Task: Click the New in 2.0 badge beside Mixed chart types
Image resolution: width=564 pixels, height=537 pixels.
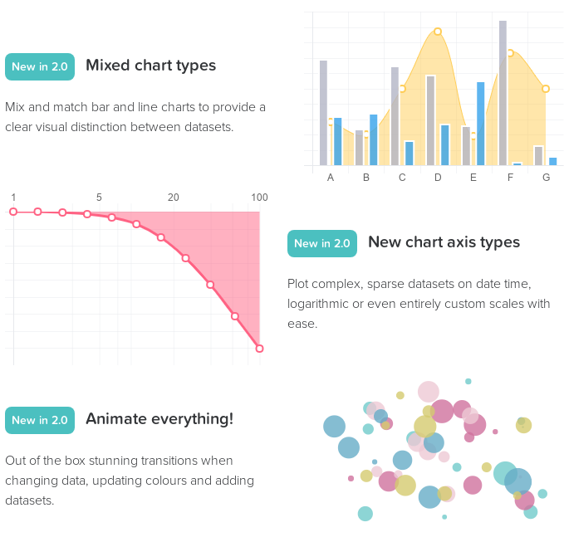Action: tap(40, 66)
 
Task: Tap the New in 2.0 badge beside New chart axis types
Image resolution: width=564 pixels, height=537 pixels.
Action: tap(322, 243)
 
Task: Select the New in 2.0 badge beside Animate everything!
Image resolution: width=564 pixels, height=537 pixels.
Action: tap(40, 420)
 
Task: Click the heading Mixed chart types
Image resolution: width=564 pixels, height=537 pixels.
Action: tap(150, 66)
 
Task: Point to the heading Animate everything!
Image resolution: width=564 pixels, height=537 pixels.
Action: tap(159, 419)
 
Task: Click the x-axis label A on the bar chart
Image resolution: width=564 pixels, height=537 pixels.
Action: tap(331, 178)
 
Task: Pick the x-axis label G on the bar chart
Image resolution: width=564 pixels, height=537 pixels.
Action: tap(546, 178)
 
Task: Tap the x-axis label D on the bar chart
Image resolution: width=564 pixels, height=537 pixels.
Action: tap(438, 178)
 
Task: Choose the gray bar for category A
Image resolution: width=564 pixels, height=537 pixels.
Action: tap(323, 113)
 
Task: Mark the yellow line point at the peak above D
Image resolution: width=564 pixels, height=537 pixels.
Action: tap(438, 32)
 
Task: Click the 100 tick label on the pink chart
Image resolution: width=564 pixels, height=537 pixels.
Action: tap(259, 198)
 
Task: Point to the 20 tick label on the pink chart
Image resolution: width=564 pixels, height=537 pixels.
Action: tap(173, 198)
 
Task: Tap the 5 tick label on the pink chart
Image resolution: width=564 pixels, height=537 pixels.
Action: tap(99, 198)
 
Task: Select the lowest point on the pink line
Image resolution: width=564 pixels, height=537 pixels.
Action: tap(259, 349)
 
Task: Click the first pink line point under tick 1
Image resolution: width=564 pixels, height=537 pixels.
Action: tap(13, 212)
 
